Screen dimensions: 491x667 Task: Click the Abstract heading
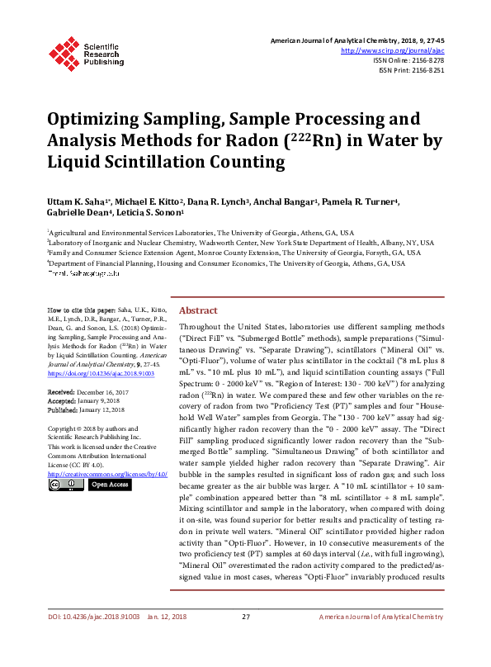[x=198, y=310]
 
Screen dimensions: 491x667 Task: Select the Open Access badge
[x=109, y=485]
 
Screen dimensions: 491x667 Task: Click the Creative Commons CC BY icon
[x=65, y=485]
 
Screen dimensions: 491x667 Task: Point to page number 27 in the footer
[x=245, y=641]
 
